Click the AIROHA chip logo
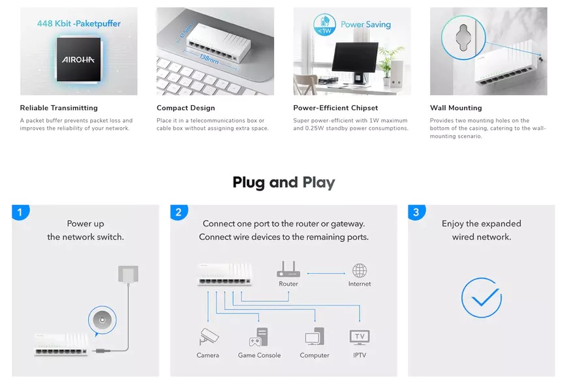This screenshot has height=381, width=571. tap(78, 59)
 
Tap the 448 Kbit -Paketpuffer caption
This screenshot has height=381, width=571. tap(79, 23)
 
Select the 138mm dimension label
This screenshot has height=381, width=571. tap(209, 59)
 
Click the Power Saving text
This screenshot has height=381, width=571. tap(365, 24)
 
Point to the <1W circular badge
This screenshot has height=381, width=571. tap(324, 25)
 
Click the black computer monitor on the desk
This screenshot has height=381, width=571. tap(355, 60)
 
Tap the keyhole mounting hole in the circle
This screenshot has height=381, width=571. tap(463, 37)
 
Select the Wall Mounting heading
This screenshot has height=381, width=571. tap(455, 108)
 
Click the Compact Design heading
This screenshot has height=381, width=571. tap(186, 108)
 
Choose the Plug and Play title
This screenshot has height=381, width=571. tap(284, 183)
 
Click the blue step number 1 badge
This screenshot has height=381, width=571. tap(20, 212)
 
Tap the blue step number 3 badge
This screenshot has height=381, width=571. tap(416, 212)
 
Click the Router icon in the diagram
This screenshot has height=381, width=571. tap(288, 269)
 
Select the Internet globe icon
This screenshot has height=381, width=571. tap(360, 271)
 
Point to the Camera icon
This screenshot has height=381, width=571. tap(209, 337)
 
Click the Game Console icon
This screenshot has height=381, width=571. tap(259, 337)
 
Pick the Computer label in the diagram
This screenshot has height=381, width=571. tap(315, 355)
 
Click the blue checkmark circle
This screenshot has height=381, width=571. tap(482, 297)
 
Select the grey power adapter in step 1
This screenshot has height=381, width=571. tap(128, 274)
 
